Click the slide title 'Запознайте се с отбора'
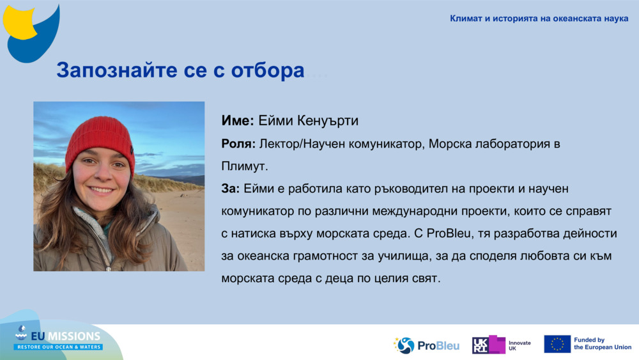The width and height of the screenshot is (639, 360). click(180, 70)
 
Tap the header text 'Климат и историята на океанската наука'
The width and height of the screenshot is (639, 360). click(539, 19)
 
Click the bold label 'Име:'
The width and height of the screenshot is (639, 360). click(238, 120)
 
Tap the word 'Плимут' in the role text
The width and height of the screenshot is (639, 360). click(243, 166)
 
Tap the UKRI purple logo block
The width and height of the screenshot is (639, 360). click(489, 345)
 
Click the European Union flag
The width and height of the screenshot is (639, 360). click(557, 344)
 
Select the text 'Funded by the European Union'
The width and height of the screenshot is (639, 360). click(602, 344)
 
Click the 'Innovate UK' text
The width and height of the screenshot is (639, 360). click(519, 345)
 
